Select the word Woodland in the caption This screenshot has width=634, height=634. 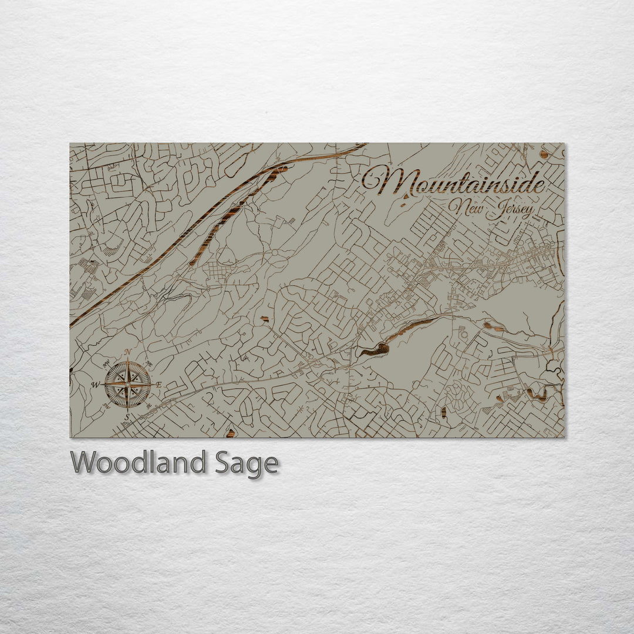(x=138, y=463)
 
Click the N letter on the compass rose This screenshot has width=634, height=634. (x=128, y=352)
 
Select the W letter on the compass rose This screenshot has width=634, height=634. (x=96, y=386)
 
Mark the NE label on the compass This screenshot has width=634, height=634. (x=149, y=364)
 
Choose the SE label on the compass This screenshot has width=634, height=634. (x=149, y=406)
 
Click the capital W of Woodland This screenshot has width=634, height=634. (x=83, y=463)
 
